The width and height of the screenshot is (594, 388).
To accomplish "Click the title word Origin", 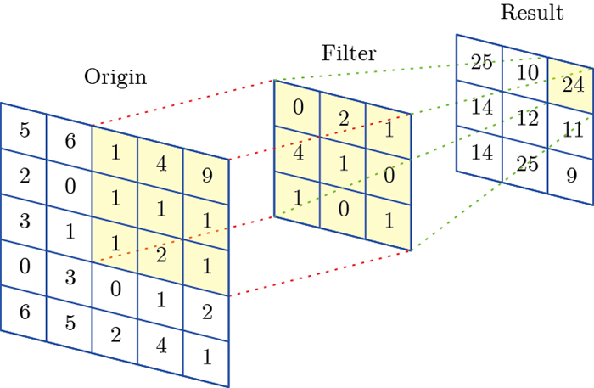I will [x=115, y=78].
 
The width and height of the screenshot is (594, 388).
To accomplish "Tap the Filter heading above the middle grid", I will [x=349, y=53].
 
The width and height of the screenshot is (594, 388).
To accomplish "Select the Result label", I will [x=532, y=13].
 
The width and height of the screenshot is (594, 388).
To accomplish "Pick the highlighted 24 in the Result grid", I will [x=573, y=84].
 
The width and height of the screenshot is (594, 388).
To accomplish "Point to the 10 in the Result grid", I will [x=528, y=73].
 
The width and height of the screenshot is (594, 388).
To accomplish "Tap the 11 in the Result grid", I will [x=573, y=130].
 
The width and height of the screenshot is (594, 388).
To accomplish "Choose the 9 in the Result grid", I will [x=573, y=177].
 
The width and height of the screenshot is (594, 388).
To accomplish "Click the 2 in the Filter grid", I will [x=344, y=118].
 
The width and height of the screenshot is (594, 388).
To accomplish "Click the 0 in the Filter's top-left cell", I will [x=298, y=108].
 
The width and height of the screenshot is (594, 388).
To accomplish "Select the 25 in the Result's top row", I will [x=481, y=62].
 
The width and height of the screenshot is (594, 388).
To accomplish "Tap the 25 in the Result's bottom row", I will [x=528, y=165].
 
